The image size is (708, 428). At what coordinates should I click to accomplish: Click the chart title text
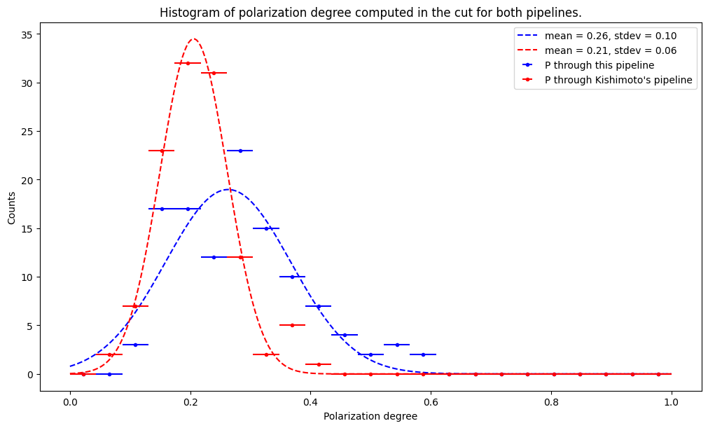[x=370, y=13]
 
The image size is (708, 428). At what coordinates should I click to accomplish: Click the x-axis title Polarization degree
[x=370, y=416]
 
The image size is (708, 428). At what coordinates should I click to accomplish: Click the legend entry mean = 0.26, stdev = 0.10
[x=611, y=35]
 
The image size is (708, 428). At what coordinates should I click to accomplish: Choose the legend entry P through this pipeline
[x=599, y=65]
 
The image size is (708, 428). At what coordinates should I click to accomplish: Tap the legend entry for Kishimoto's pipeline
[x=618, y=80]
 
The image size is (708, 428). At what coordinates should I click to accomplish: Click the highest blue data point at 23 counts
[x=240, y=151]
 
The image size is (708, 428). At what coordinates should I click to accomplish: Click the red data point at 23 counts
[x=162, y=151]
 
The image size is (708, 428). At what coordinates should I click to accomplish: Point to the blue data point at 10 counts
[x=292, y=277]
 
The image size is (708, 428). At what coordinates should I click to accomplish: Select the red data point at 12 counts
[x=240, y=257]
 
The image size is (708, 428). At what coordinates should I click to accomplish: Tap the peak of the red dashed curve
[x=193, y=39]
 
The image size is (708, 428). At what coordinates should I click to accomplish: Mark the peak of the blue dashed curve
[x=228, y=189]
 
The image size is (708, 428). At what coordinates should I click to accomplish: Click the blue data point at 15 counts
[x=266, y=228]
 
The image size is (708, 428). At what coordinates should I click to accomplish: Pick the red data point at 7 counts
[x=135, y=306]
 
